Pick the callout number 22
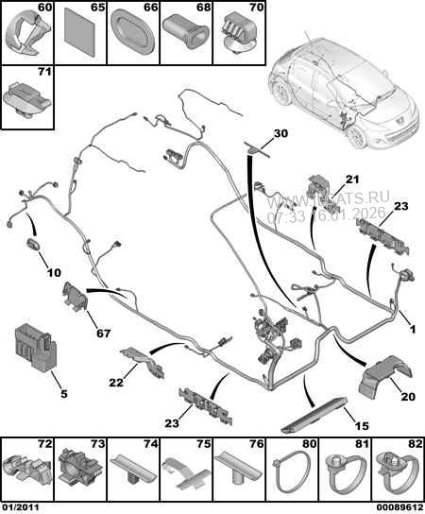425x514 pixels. click(x=116, y=383)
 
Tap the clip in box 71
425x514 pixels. click(x=25, y=97)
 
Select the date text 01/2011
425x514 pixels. click(x=22, y=506)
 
